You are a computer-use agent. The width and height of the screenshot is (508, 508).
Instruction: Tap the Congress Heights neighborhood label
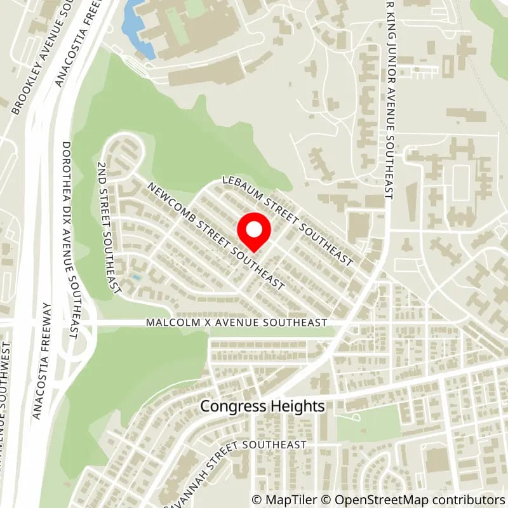coord(263,406)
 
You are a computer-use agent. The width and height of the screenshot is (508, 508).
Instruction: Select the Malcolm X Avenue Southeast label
coord(236,323)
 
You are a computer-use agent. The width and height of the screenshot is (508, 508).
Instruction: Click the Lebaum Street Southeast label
coord(287,221)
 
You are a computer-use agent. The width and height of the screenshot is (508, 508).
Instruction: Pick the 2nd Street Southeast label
coord(108,227)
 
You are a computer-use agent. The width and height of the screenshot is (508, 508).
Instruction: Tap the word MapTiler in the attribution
coord(289,499)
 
